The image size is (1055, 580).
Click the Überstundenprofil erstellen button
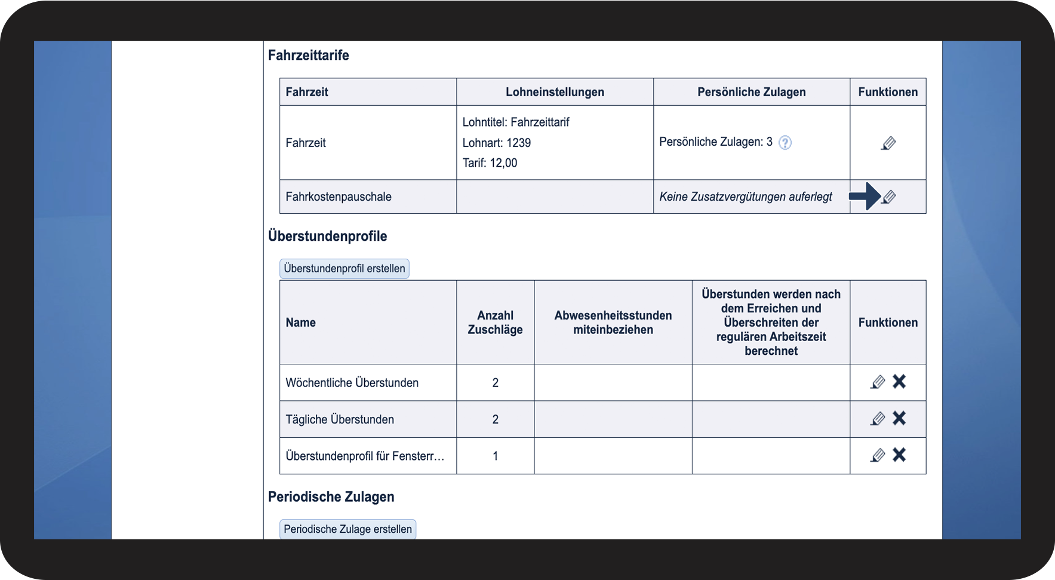click(x=344, y=269)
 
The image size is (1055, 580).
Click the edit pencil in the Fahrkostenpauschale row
click(x=889, y=197)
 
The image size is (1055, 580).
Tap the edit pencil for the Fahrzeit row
click(x=888, y=143)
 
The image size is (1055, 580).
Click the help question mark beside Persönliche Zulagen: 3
click(x=785, y=143)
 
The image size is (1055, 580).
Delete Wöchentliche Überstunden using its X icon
click(x=899, y=382)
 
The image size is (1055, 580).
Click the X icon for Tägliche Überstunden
click(x=899, y=418)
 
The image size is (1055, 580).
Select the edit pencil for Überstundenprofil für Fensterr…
click(x=878, y=455)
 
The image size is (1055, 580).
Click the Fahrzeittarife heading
click(x=308, y=56)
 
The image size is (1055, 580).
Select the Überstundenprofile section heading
click(x=327, y=237)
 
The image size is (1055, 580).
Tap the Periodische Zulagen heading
click(x=331, y=497)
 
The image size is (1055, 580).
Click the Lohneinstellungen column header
click(x=555, y=92)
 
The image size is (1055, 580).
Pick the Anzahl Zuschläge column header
click(x=495, y=323)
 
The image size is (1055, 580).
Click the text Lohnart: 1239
click(x=496, y=143)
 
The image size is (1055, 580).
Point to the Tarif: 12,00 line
click(x=490, y=163)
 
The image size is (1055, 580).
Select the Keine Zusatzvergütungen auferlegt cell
click(x=745, y=197)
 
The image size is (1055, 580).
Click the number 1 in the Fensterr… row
click(x=495, y=456)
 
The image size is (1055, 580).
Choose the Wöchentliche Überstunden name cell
click(x=352, y=383)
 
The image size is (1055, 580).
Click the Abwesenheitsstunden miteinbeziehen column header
click(x=613, y=323)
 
